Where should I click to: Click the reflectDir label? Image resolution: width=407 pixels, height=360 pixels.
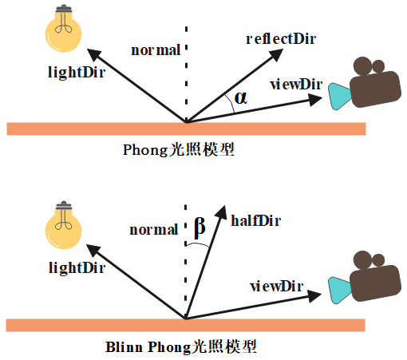point(281,39)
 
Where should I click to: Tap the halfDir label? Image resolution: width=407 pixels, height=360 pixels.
point(256,220)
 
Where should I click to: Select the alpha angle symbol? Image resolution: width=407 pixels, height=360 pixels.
point(241,97)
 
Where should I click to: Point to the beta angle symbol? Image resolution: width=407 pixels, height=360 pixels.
point(200,227)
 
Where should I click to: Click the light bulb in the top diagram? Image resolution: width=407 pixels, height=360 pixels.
point(63,29)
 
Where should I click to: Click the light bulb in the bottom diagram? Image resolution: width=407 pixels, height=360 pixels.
point(63,225)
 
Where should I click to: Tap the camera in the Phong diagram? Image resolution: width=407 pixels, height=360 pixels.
point(365,83)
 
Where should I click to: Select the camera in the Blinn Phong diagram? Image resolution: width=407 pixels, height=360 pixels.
point(365,277)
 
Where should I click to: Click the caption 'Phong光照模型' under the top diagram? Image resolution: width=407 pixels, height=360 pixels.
point(179,149)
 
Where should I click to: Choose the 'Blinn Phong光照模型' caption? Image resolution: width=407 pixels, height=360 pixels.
point(181,347)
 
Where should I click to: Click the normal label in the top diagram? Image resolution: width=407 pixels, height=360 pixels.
point(156,50)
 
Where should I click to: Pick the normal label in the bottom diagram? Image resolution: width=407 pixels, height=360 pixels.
point(154,230)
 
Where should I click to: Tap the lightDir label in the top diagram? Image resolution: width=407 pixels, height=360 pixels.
point(77,72)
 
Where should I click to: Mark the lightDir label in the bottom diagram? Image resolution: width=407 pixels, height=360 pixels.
point(77,267)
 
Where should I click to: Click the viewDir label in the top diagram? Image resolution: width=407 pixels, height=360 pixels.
point(296,85)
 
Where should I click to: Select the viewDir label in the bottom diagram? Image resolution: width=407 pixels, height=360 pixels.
point(277,287)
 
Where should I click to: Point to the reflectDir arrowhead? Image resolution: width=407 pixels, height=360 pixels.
point(276,55)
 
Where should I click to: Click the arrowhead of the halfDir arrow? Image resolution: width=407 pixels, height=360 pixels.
point(221,213)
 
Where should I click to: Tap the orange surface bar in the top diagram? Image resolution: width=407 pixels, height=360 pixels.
point(186,129)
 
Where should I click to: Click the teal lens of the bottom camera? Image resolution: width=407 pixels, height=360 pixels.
point(340,291)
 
